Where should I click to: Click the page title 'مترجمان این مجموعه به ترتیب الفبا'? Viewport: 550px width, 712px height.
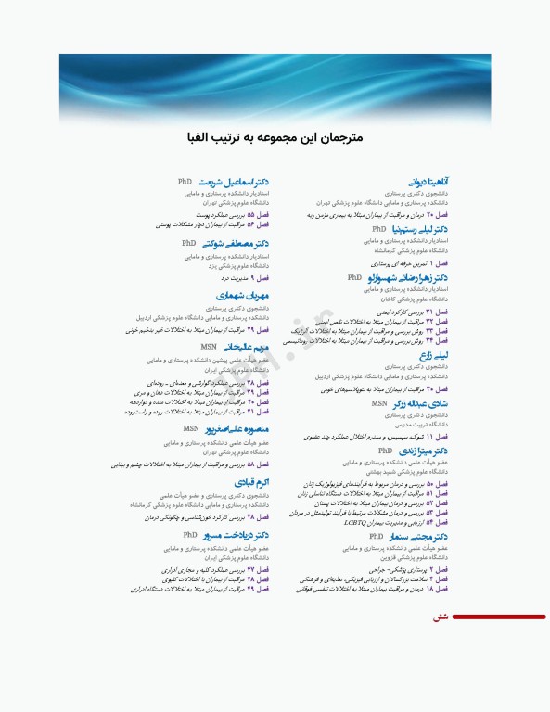275,135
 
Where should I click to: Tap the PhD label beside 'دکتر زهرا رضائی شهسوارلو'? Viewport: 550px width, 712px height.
354,277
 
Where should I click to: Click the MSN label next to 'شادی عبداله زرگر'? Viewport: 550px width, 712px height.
379,403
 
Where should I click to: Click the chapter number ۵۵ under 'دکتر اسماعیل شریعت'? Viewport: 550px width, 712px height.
249,214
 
